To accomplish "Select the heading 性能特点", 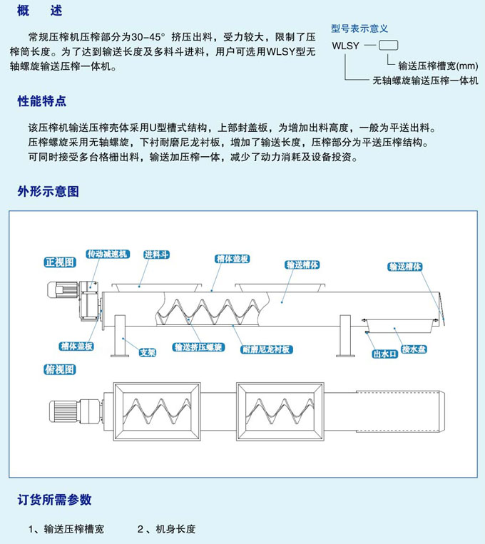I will coord(41,101).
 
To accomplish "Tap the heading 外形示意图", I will coord(48,191).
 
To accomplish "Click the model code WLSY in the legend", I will coord(347,46).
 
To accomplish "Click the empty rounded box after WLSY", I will coord(388,46).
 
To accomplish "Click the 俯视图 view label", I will coord(60,369).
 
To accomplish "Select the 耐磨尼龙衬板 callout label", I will coord(265,349).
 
